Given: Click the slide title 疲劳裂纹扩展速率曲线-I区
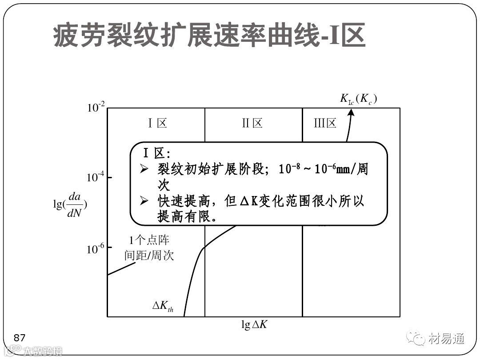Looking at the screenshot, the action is click(209, 37).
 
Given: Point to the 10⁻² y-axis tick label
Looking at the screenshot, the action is click(96, 107).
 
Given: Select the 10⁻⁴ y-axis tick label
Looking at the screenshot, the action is click(96, 177).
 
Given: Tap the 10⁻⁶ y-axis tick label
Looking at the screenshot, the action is click(96, 249).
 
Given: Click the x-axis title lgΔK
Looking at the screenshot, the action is click(254, 325).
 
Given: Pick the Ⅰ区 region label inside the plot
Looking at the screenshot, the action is click(157, 123).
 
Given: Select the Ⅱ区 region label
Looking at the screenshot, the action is click(252, 123).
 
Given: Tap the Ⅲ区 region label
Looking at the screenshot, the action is click(325, 123).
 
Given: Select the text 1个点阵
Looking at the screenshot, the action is click(149, 240).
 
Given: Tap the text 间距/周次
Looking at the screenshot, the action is click(149, 256).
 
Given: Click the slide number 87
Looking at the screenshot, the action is click(20, 337).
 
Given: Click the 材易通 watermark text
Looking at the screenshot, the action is click(447, 339).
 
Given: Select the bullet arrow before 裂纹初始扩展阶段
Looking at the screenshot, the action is click(144, 169).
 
